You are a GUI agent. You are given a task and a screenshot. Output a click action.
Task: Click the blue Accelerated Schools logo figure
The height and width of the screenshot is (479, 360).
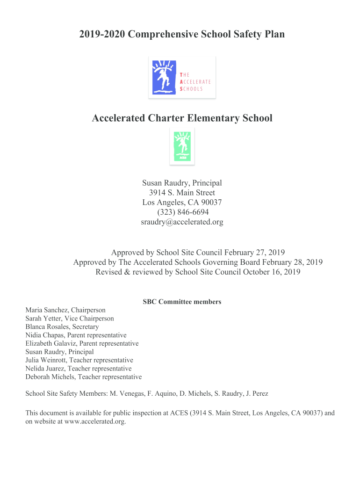(164, 77)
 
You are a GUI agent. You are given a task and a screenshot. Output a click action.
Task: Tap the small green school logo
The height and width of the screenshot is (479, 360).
(182, 146)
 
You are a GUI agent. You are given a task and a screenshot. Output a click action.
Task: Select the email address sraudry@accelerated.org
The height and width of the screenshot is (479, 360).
(182, 222)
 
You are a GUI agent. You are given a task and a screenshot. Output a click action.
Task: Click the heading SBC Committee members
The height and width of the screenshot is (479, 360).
(182, 302)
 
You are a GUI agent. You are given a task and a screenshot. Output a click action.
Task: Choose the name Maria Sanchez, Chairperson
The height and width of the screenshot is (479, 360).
(65, 310)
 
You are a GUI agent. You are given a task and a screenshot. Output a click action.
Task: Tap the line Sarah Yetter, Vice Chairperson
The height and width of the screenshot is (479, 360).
(70, 319)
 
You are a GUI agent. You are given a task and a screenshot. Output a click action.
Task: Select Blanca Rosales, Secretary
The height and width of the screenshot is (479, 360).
(62, 327)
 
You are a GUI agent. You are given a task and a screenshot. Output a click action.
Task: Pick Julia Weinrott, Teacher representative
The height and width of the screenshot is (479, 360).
(79, 360)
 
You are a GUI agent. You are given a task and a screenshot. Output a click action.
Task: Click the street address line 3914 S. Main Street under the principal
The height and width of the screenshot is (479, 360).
(182, 193)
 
